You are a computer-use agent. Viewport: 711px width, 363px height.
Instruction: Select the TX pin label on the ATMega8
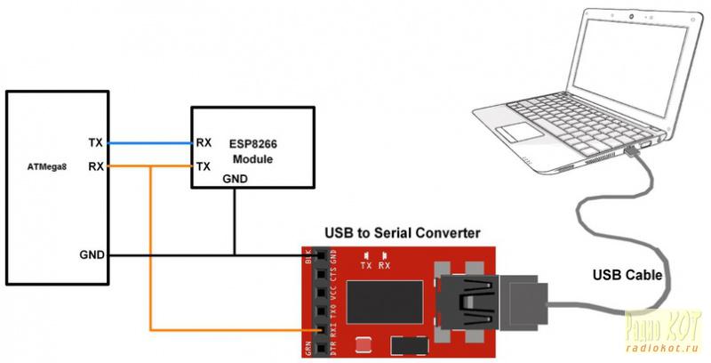pos(96,143)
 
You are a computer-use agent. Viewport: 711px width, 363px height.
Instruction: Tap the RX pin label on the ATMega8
pos(96,166)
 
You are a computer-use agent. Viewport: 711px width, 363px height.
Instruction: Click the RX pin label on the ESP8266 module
pos(203,142)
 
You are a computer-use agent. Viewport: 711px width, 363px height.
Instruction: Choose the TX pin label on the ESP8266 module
pos(203,166)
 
